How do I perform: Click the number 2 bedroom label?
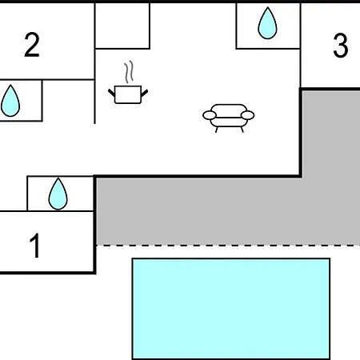point(32,45)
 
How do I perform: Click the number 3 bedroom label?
point(341,46)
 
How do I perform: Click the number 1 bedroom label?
point(35,246)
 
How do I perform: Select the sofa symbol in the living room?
point(229,118)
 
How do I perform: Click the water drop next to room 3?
point(267,23)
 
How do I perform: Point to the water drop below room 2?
point(10,101)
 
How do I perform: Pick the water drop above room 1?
point(58,194)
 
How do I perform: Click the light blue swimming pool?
point(231,309)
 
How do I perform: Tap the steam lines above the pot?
point(129,72)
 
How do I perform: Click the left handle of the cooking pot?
point(111,93)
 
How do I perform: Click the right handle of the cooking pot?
point(144,93)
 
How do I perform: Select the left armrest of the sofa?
point(210,115)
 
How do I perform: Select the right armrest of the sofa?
point(247,115)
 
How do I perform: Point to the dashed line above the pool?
point(228,245)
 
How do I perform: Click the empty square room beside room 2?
point(122,26)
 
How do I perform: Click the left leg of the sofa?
point(217,130)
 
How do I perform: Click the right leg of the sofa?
point(242,130)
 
